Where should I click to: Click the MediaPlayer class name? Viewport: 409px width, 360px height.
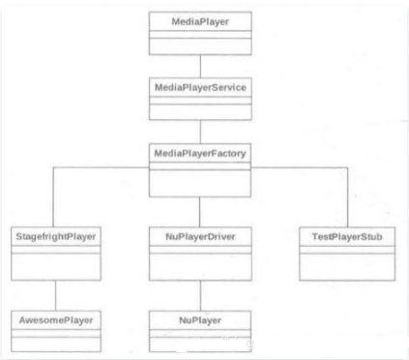pos(199,19)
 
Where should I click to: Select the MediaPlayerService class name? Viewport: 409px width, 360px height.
pos(199,87)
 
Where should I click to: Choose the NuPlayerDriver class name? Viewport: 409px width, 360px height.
pos(199,236)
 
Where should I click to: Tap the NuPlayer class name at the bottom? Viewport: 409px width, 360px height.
pos(199,318)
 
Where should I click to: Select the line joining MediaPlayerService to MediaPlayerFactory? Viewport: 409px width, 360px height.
pos(199,132)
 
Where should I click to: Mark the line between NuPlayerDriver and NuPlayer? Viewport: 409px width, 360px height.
pos(199,295)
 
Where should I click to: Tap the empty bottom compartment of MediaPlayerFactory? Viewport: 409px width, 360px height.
pos(199,179)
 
